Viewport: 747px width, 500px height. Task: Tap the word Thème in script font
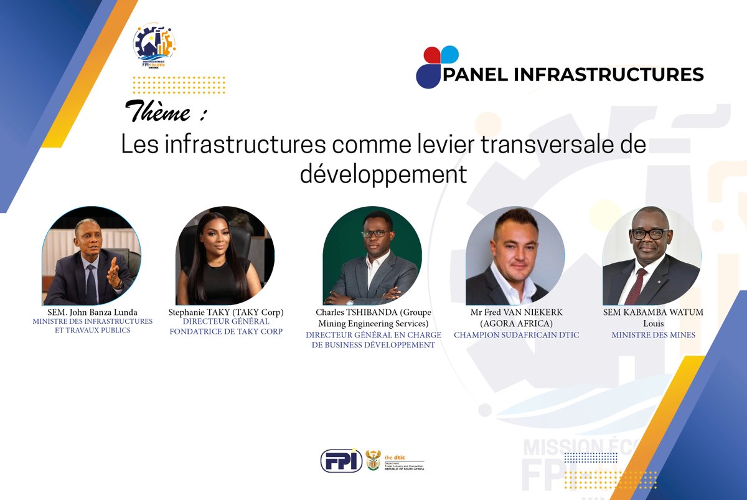[157, 111]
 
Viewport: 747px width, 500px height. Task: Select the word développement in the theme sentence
[383, 174]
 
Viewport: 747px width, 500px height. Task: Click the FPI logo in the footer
[341, 461]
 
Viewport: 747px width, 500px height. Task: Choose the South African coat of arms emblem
[373, 460]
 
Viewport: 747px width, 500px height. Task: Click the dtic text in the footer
[395, 456]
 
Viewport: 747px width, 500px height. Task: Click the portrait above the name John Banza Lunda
[92, 257]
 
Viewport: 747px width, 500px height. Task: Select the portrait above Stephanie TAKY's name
[225, 257]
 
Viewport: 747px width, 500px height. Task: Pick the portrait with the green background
[372, 257]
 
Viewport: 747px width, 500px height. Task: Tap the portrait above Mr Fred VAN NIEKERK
[515, 257]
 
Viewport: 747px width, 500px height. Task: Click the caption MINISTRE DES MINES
[653, 335]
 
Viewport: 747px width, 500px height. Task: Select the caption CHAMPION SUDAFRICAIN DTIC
[516, 335]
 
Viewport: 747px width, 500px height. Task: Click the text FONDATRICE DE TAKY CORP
[226, 331]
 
